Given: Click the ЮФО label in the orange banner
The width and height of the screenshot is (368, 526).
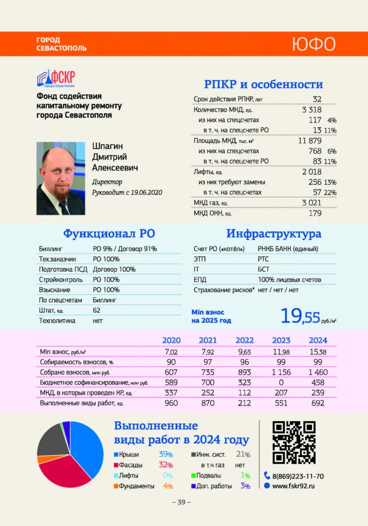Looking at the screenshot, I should (314, 44).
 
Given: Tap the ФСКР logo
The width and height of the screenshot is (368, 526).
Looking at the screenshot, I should (57, 79).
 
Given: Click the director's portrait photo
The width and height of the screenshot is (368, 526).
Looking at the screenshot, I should (61, 178).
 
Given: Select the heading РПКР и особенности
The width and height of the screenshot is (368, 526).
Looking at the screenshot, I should (264, 85).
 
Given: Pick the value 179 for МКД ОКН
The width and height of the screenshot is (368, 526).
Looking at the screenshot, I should (315, 213).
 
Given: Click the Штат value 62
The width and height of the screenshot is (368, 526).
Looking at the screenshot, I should (97, 310).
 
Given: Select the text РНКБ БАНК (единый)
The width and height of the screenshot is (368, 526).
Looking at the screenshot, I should (288, 249).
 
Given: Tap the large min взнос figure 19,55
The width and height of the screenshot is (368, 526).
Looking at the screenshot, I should (300, 316).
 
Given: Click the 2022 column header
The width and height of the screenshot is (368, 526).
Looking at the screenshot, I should (245, 340).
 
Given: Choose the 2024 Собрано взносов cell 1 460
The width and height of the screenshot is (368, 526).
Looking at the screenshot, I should (318, 372).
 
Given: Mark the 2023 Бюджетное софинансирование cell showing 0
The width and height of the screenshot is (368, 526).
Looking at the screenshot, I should (281, 382).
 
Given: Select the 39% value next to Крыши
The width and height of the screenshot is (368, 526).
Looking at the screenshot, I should (165, 455).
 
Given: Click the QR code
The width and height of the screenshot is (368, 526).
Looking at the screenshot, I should (293, 442).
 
